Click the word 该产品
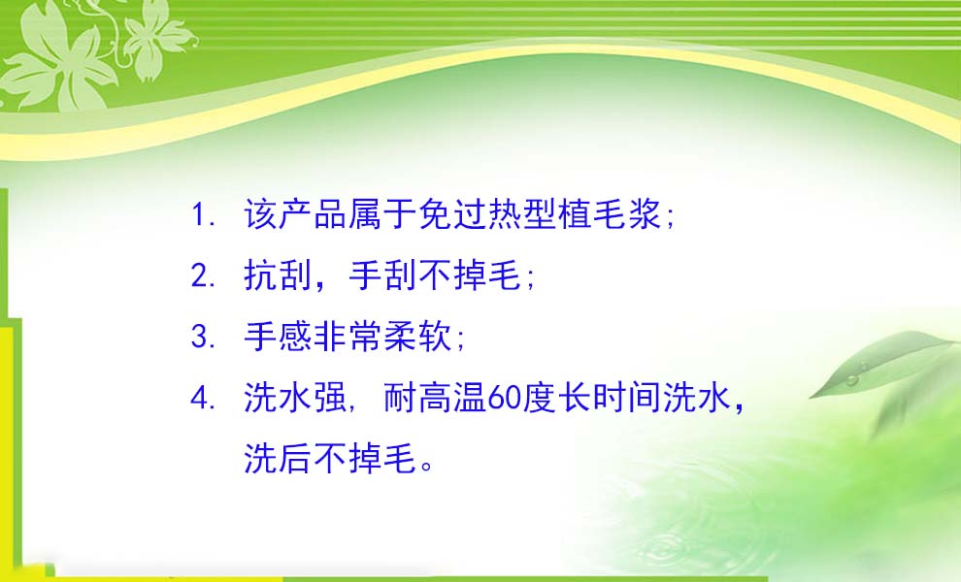click(x=295, y=214)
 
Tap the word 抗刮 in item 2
click(x=279, y=275)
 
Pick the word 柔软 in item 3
click(x=418, y=337)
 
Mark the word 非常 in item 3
click(x=348, y=337)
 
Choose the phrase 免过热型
click(x=487, y=214)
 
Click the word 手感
click(x=279, y=337)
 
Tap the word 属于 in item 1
click(x=382, y=214)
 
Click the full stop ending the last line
click(x=427, y=466)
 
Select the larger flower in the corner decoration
click(x=58, y=58)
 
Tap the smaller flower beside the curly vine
click(x=153, y=38)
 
